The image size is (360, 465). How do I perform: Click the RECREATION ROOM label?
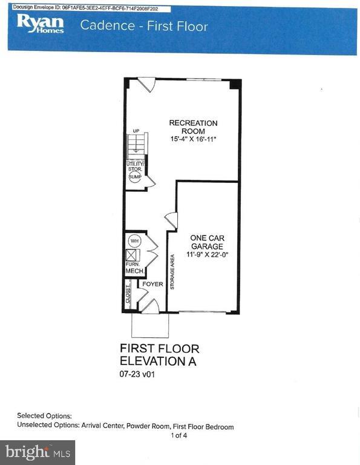pyautogui.click(x=193, y=127)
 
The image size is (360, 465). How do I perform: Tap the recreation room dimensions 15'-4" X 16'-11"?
pyautogui.click(x=193, y=140)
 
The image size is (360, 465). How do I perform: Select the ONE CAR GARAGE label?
pyautogui.click(x=208, y=242)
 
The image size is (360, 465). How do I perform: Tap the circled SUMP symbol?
pyautogui.click(x=134, y=177)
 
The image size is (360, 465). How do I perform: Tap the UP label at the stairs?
pyautogui.click(x=136, y=131)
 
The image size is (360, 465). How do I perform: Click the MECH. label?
pyautogui.click(x=134, y=272)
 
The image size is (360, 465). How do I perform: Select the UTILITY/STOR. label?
pyautogui.click(x=134, y=167)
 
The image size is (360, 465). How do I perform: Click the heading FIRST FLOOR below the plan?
pyautogui.click(x=159, y=349)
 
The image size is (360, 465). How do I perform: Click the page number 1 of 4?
pyautogui.click(x=180, y=435)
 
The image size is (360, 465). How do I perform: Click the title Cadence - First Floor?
pyautogui.click(x=144, y=26)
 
